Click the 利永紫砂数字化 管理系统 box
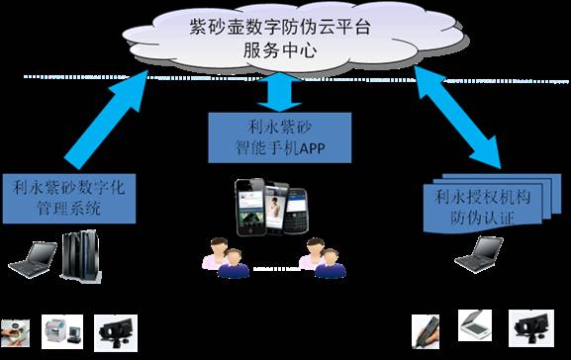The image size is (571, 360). (x=68, y=195)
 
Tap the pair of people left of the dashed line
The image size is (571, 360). (x=222, y=256)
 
